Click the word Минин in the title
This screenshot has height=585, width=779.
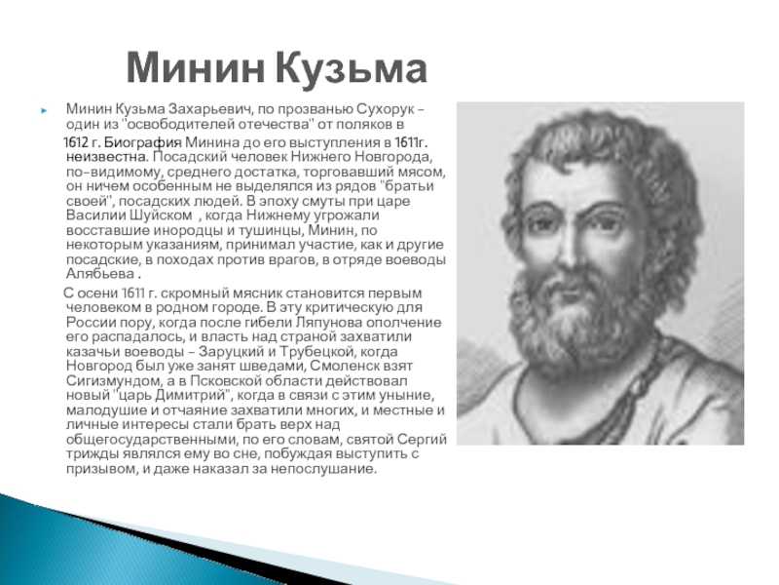[x=196, y=68]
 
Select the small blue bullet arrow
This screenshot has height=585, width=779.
[x=44, y=110]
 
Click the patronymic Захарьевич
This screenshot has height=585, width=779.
[x=211, y=109]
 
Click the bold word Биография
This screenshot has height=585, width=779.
[x=142, y=142]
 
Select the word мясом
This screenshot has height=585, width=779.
[x=423, y=173]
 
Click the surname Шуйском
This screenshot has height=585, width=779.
[x=162, y=215]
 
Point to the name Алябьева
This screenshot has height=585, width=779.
[x=100, y=274]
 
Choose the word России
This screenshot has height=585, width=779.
[x=90, y=323]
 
